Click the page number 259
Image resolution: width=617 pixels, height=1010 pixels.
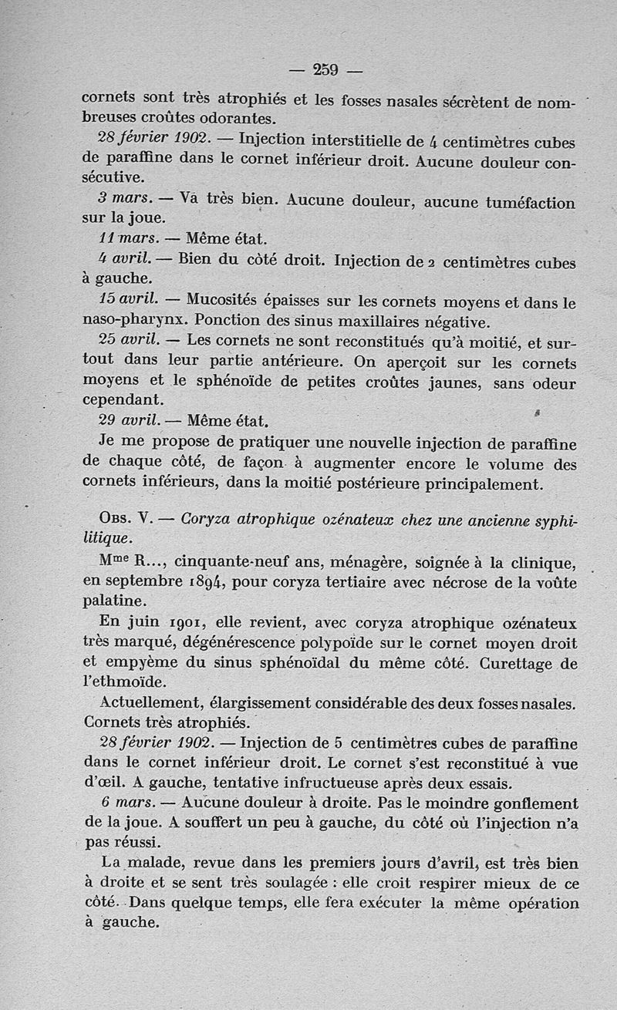pos(326,69)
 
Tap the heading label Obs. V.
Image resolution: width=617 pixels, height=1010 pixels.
pos(127,519)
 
